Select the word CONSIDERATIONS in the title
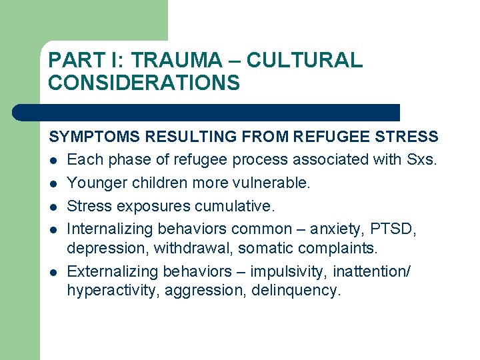click(x=144, y=83)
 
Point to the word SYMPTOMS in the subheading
click(x=95, y=137)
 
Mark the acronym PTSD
click(x=401, y=229)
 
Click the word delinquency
click(x=296, y=291)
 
